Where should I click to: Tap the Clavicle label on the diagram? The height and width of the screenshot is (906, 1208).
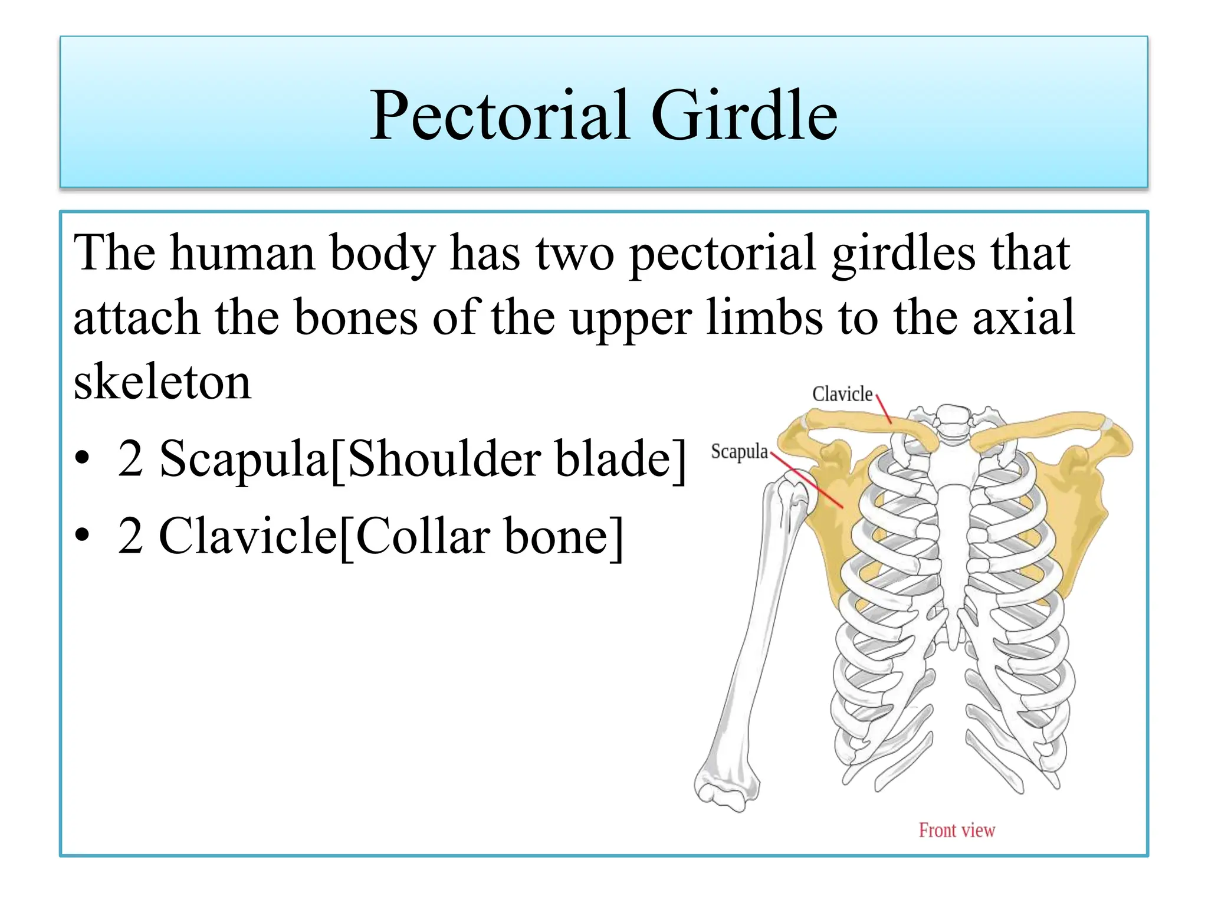pyautogui.click(x=842, y=394)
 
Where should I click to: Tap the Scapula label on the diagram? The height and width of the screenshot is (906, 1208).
pyautogui.click(x=738, y=452)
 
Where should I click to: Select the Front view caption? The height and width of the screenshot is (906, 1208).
pyautogui.click(x=956, y=830)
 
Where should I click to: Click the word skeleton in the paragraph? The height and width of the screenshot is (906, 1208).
pyautogui.click(x=162, y=382)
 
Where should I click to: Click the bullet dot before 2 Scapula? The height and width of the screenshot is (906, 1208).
pyautogui.click(x=83, y=458)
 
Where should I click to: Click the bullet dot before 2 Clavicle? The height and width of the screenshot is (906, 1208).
pyautogui.click(x=83, y=535)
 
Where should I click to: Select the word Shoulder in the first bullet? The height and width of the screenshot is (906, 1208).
pyautogui.click(x=444, y=459)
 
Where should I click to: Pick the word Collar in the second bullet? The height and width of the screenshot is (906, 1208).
pyautogui.click(x=423, y=536)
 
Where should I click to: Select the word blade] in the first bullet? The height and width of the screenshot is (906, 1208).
pyautogui.click(x=621, y=459)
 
